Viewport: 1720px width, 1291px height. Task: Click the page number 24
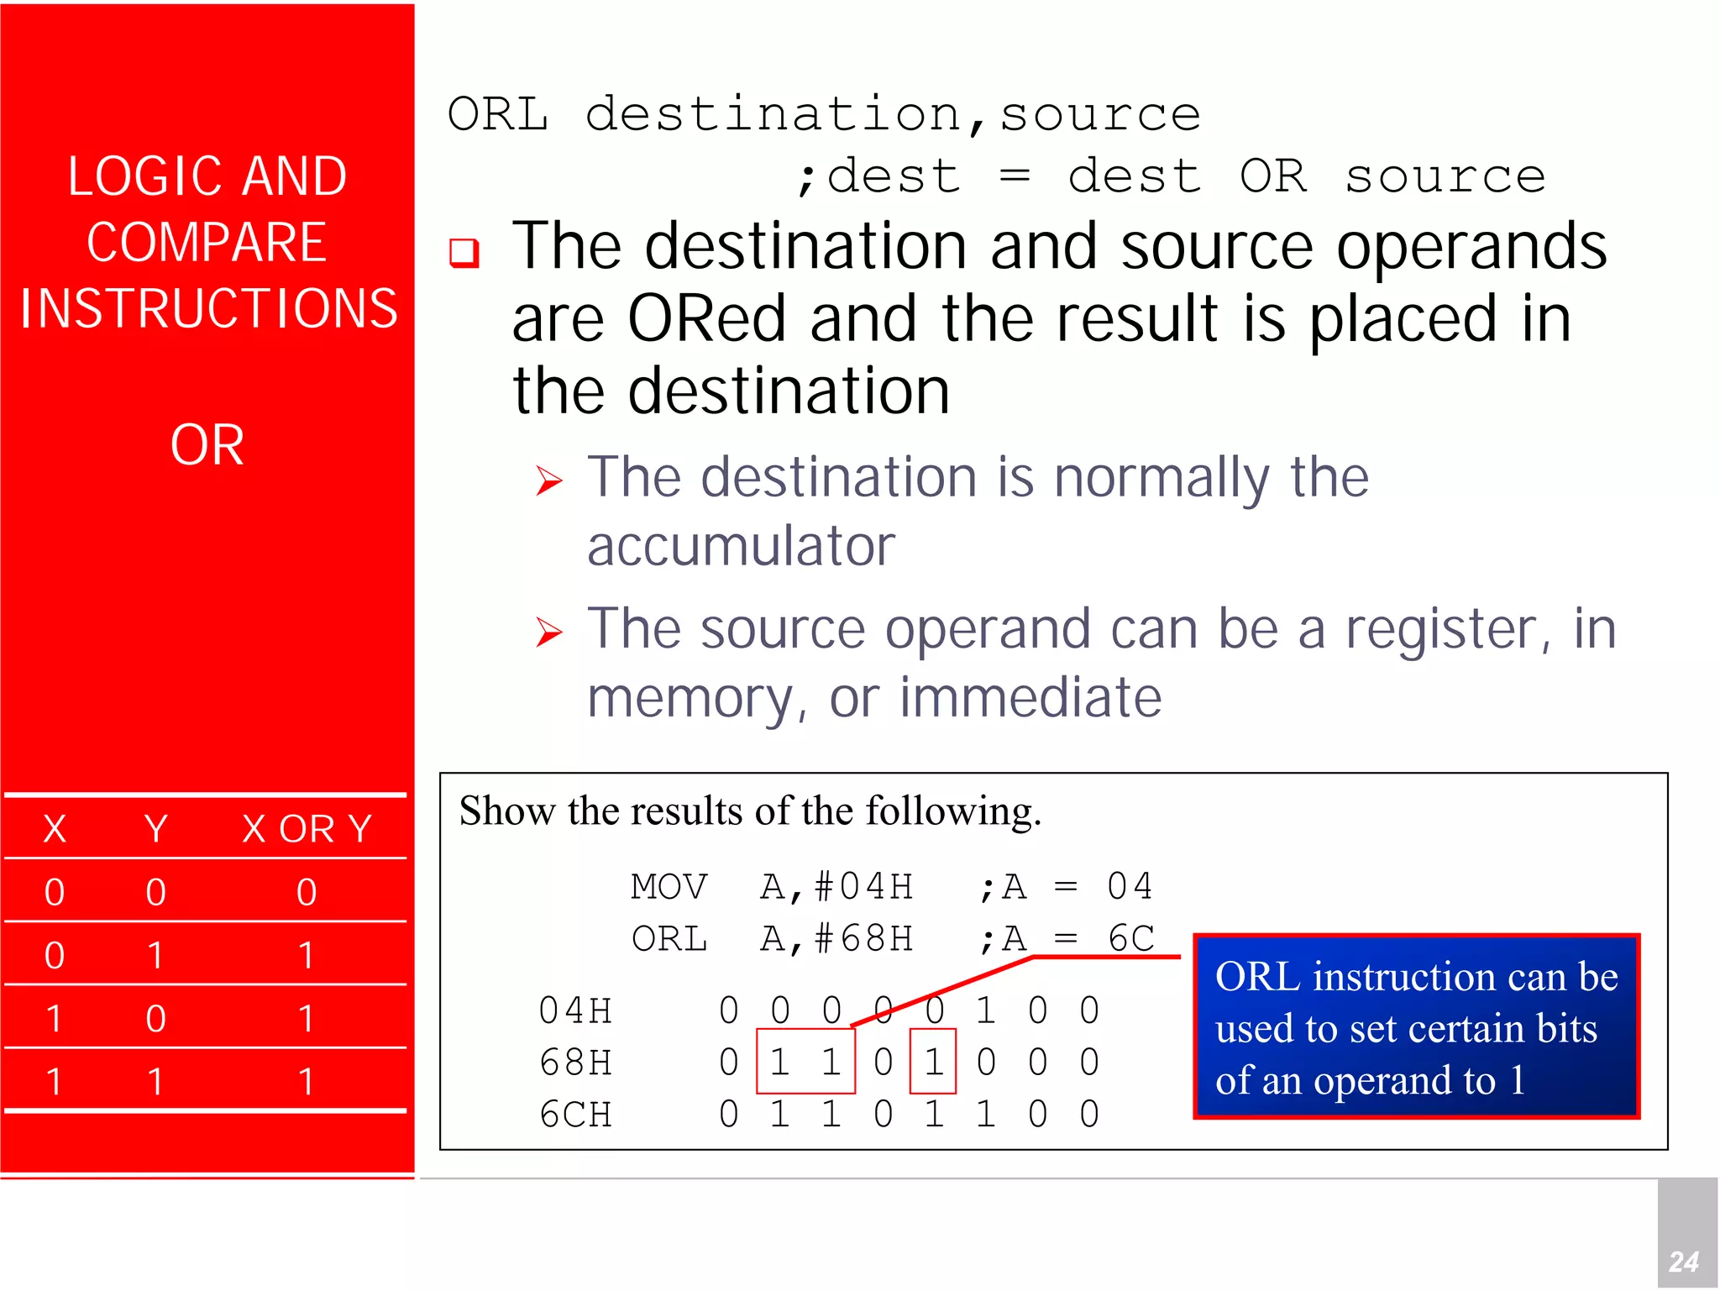(x=1683, y=1261)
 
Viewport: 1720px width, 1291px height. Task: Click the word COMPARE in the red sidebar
(x=207, y=243)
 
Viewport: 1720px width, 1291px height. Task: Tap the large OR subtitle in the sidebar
(x=207, y=444)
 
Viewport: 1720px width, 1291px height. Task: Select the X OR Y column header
(x=307, y=829)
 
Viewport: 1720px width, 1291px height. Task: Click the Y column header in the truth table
(x=155, y=829)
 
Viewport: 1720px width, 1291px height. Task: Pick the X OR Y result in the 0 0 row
(x=307, y=892)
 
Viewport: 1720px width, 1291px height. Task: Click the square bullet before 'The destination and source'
(x=464, y=252)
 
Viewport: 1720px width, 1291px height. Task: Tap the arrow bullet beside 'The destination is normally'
(x=548, y=480)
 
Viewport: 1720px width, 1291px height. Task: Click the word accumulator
(x=741, y=547)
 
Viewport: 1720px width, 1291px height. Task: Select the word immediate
(x=1030, y=698)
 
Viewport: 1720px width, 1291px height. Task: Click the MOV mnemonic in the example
(x=669, y=887)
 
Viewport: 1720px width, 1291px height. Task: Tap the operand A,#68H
(x=836, y=939)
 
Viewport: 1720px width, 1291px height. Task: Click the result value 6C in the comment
(x=1130, y=939)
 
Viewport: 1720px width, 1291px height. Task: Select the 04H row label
(x=575, y=1010)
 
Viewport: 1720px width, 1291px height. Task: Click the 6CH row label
(x=575, y=1115)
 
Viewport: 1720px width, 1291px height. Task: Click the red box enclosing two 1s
(x=805, y=1062)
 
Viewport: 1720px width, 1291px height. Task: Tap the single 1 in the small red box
(x=933, y=1063)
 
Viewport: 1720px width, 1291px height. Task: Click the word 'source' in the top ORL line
(x=1100, y=114)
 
